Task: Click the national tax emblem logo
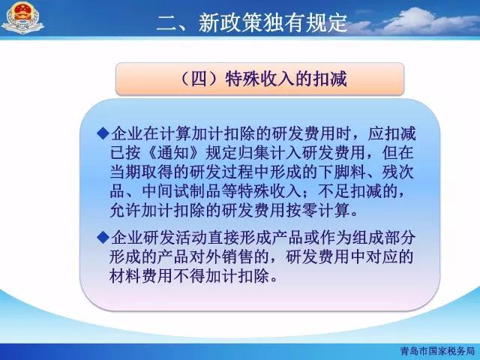tap(22, 17)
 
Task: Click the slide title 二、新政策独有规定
tap(252, 22)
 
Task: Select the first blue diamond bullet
tap(103, 133)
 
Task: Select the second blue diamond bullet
tap(103, 238)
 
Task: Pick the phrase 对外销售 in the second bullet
tap(222, 256)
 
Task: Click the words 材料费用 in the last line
tap(142, 276)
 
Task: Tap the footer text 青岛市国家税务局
tap(437, 351)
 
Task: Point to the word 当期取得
tap(142, 172)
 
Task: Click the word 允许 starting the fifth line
tap(125, 210)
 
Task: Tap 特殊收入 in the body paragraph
tap(269, 191)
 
